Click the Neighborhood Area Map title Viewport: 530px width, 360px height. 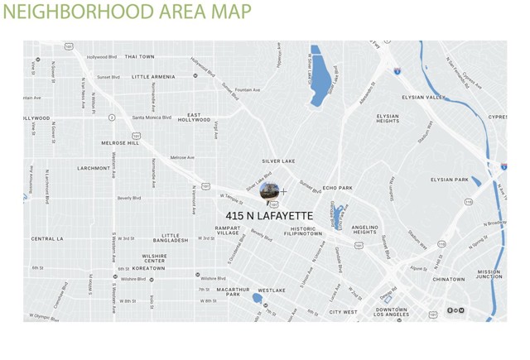coord(126,13)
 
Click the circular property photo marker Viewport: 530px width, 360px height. coord(269,192)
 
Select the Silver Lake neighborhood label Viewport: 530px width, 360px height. coord(278,161)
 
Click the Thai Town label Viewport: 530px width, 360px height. coord(139,57)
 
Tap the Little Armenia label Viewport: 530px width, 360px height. coord(153,77)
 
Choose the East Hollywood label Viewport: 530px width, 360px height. coord(194,118)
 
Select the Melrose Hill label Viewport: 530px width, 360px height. coord(120,143)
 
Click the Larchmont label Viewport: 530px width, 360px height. coord(94,168)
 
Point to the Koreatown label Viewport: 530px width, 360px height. coord(148,268)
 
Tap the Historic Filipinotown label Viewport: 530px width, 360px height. coord(303,232)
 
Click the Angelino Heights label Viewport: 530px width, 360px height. coord(364,229)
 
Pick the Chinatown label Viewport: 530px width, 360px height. coord(449,280)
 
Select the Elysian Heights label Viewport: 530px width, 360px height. coord(388,119)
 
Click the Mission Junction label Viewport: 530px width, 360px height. coord(489,275)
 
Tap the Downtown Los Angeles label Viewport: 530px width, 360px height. coord(391,312)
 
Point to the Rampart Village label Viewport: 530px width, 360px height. coord(228,231)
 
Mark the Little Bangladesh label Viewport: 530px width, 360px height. coord(171,238)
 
